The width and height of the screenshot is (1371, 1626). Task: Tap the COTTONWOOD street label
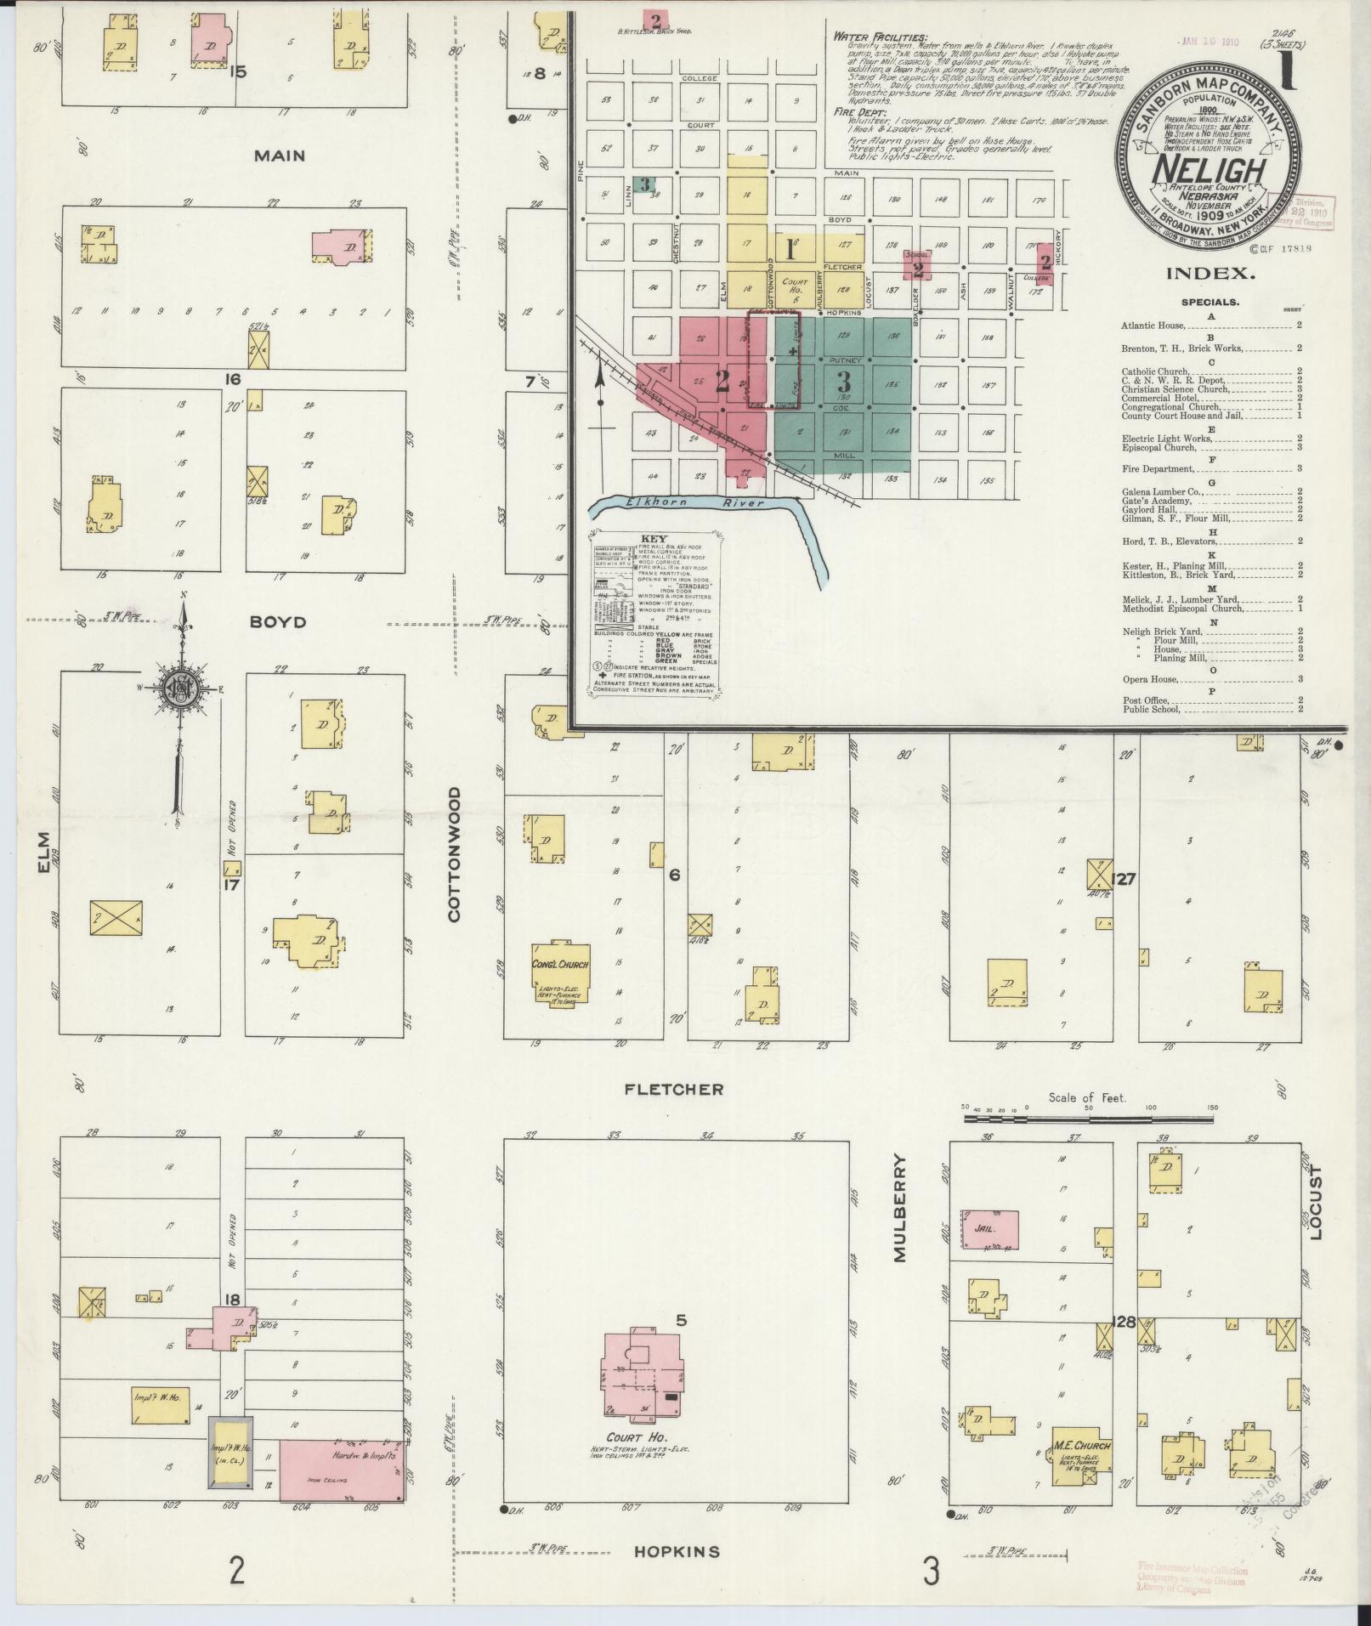pyautogui.click(x=454, y=853)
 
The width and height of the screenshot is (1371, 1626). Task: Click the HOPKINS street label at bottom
pyautogui.click(x=677, y=1551)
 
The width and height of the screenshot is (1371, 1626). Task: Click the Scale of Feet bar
pyautogui.click(x=1087, y=1119)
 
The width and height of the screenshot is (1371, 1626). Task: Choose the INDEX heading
pyautogui.click(x=1210, y=274)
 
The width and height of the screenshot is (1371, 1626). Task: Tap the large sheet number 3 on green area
pyautogui.click(x=843, y=382)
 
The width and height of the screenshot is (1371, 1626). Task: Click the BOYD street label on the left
pyautogui.click(x=277, y=622)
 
